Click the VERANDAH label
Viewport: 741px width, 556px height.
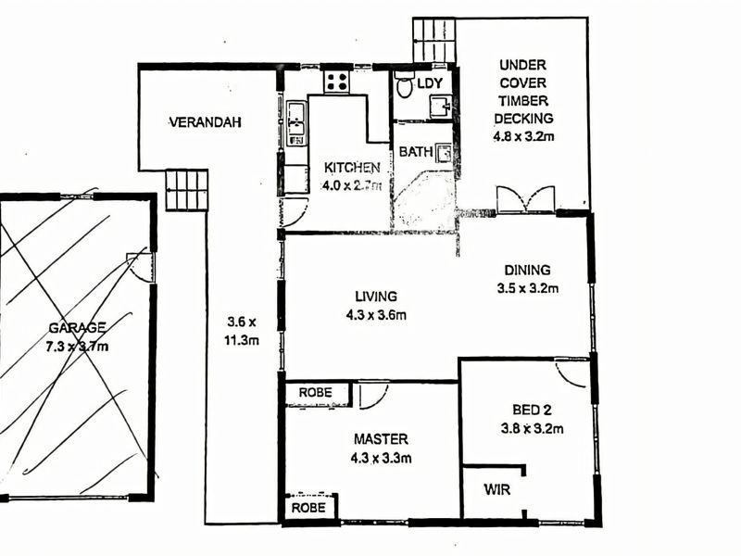click(205, 121)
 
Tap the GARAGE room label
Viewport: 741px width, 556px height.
click(78, 327)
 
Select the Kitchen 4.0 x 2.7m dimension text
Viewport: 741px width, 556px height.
click(352, 184)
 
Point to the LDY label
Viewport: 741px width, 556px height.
click(430, 83)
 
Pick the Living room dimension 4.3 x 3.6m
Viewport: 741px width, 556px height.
click(375, 314)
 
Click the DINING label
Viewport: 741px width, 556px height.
click(527, 271)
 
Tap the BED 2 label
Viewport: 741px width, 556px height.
click(533, 411)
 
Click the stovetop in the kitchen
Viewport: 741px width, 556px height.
click(335, 81)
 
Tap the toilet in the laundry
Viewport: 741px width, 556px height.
click(405, 85)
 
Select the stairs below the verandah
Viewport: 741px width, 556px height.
click(186, 190)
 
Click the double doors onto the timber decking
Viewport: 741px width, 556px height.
click(525, 198)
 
